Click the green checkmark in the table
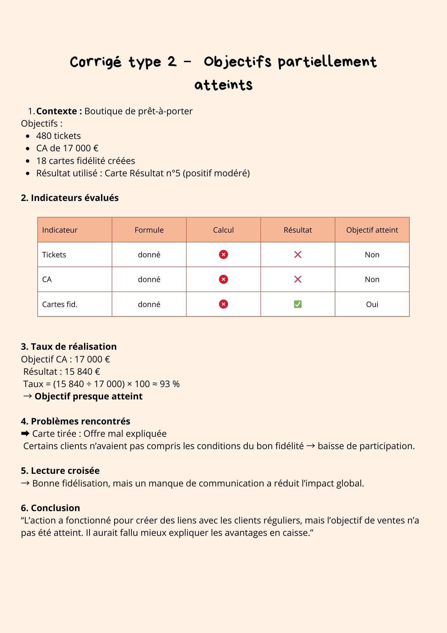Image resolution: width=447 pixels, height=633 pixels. [297, 304]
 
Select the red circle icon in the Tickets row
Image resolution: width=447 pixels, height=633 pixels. [223, 254]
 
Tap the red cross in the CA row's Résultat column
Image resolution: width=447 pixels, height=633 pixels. [297, 279]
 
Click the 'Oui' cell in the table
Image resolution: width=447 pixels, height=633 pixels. [372, 304]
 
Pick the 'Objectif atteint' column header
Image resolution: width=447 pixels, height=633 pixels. [372, 230]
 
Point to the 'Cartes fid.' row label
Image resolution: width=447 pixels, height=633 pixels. [60, 304]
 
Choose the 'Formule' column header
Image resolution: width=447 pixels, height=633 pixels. [149, 230]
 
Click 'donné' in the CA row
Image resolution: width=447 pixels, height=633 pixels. [149, 279]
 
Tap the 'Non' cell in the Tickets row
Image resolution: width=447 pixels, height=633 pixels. [372, 254]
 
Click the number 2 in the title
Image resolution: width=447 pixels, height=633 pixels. [172, 61]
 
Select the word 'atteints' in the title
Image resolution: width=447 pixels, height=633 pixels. [223, 85]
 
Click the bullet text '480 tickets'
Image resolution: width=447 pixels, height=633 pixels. [58, 136]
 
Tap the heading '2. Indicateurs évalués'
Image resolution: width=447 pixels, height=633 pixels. [70, 198]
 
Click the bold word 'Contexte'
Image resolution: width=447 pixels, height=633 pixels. [57, 111]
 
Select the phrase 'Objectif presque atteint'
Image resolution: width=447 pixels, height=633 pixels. [89, 396]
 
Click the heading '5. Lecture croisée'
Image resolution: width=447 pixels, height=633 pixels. [60, 471]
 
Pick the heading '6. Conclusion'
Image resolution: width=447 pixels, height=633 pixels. [50, 508]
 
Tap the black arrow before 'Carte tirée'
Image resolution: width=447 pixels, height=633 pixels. [25, 434]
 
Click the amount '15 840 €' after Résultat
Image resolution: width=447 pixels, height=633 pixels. [82, 372]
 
